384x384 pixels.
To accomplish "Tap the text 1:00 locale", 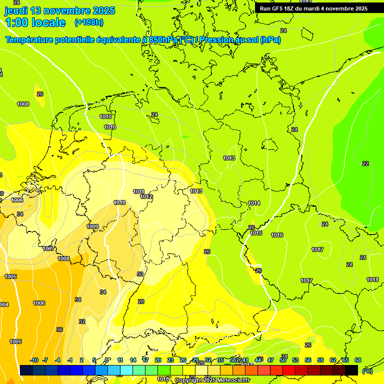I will pos(35,22).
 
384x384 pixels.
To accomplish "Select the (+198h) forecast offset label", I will pos(89,22).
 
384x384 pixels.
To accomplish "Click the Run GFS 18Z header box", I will pos(313,8).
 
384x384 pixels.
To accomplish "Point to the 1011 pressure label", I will pos(139,191).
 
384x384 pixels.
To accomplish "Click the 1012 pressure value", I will pos(146,197).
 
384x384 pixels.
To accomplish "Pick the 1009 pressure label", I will pos(92,226).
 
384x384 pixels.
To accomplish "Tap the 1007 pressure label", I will pos(48,248).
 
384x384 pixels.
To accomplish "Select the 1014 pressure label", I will pos(254,203).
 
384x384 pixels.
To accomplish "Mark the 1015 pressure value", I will pos(256,233).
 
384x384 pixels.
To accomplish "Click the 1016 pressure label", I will pos(277,235).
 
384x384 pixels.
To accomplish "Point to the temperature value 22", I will pos(365,163).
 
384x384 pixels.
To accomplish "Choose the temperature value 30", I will pos(140,274).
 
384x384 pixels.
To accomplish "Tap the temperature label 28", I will pos(141,301).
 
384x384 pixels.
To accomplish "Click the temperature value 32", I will pos(82,321).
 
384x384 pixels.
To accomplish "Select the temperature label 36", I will pos(59,329).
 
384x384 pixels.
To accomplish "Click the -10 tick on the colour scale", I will pos(34,360).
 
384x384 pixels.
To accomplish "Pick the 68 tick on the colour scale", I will pos(358,360).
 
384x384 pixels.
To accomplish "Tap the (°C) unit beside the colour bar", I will pos(367,371).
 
